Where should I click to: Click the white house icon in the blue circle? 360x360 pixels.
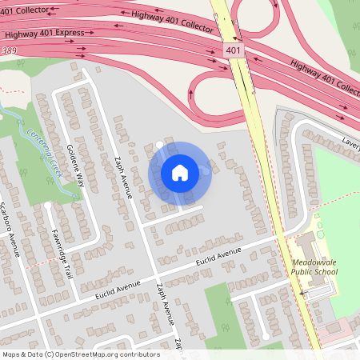coord(179,173)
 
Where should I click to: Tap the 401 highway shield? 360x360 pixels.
coord(232,50)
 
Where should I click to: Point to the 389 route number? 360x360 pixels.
coord(10,50)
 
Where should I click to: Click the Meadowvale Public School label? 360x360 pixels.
coord(314,266)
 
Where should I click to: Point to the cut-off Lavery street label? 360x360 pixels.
coord(350,142)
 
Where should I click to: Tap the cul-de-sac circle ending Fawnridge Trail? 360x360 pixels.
coord(49,206)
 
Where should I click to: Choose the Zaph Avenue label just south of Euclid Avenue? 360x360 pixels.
coord(166,305)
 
